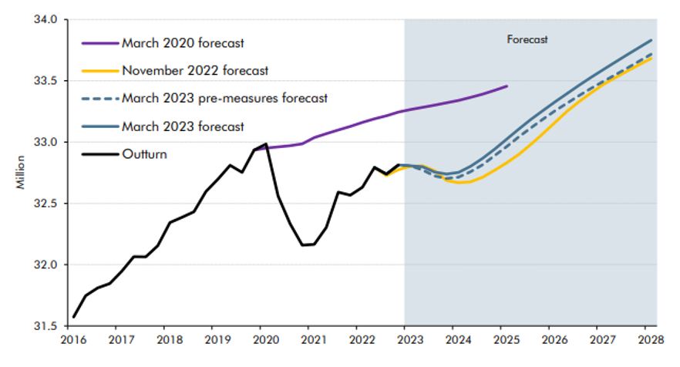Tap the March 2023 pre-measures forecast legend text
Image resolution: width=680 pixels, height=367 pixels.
click(x=224, y=98)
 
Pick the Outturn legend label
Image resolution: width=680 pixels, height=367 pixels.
click(x=143, y=153)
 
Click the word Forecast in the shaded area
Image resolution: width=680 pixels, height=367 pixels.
click(x=527, y=39)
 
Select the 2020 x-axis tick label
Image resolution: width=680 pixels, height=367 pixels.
click(x=261, y=339)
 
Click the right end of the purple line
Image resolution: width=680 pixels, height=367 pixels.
click(x=507, y=86)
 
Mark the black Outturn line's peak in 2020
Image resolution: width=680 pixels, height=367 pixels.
click(x=266, y=143)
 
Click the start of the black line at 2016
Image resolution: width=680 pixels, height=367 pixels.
click(x=74, y=316)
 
